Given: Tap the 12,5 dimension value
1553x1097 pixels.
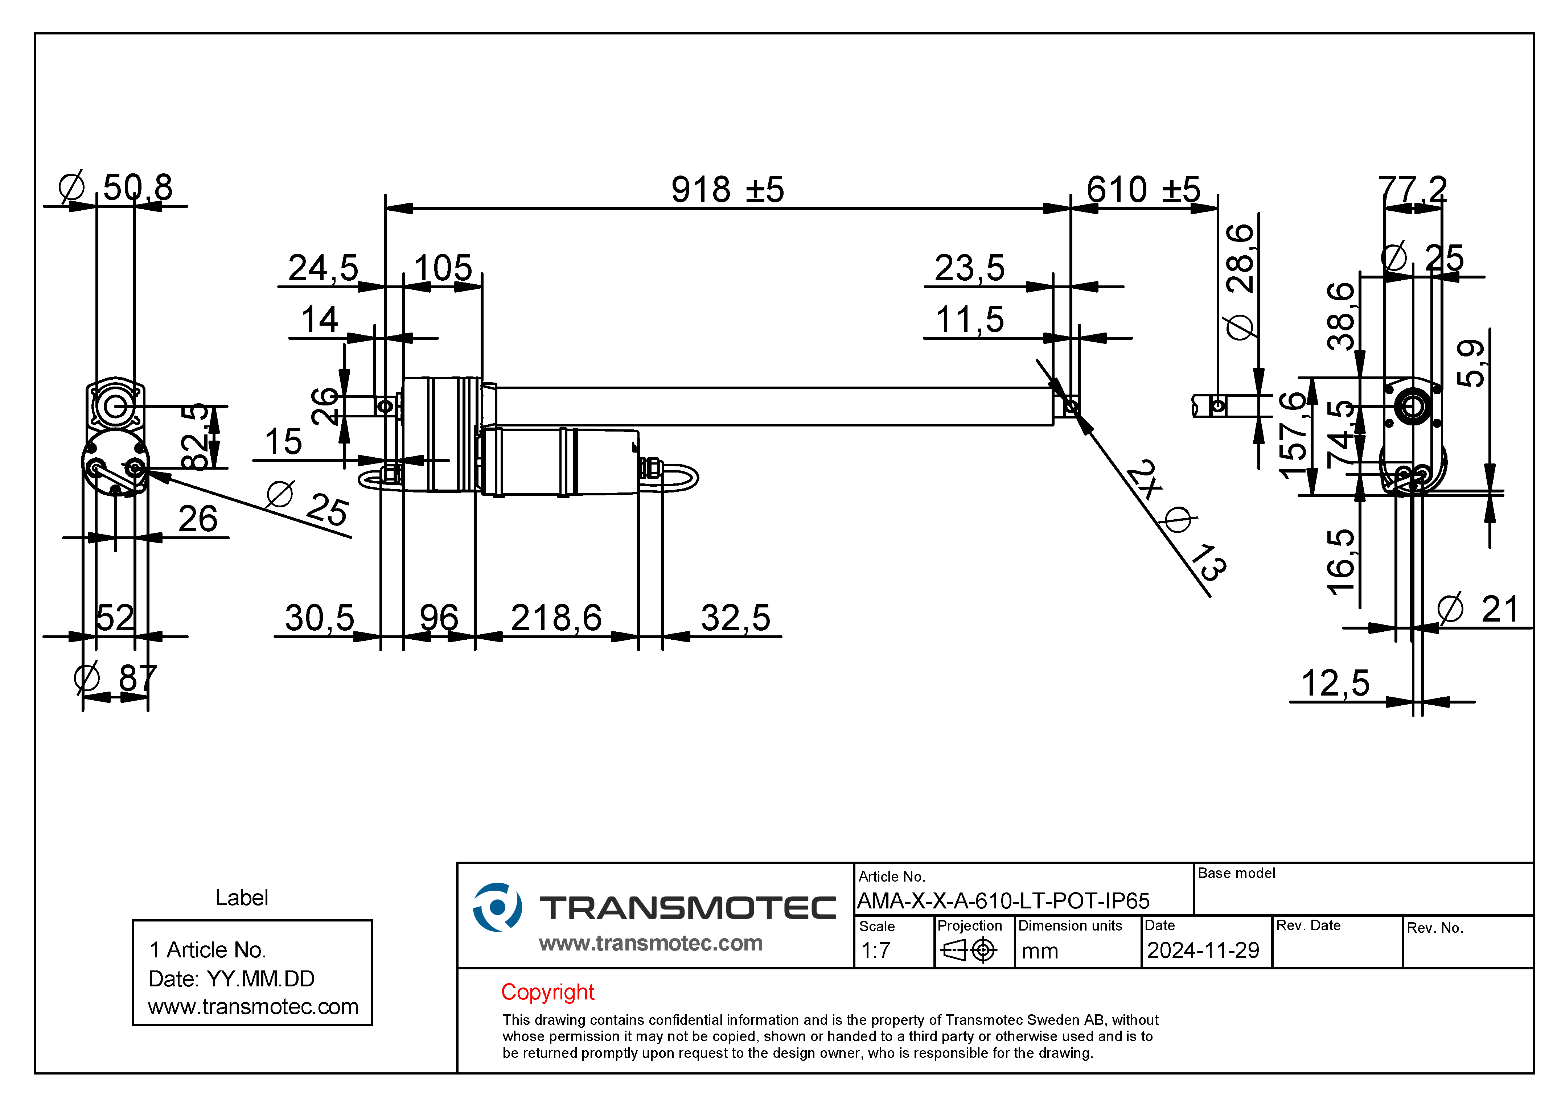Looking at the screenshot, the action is (x=1335, y=683).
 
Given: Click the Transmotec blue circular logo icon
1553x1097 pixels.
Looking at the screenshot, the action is (x=497, y=907).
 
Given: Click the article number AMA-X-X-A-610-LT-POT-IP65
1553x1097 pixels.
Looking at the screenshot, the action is (x=1003, y=901).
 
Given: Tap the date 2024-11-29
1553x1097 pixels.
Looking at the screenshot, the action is (x=1203, y=950).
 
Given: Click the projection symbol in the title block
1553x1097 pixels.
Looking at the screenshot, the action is (x=969, y=950).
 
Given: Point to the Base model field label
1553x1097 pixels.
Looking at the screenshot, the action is (x=1236, y=873).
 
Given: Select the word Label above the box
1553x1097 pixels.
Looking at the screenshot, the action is (x=242, y=898).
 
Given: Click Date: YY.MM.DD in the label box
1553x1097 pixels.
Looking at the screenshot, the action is (x=231, y=979).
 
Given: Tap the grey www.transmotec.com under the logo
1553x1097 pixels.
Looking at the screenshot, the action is (x=651, y=943).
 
